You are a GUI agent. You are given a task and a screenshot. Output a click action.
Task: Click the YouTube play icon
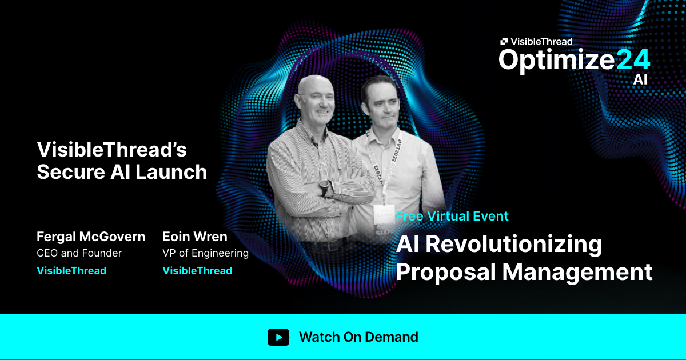tap(278, 337)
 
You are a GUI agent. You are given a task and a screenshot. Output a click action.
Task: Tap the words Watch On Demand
tap(358, 337)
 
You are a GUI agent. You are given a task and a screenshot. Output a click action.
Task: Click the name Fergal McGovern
tap(91, 237)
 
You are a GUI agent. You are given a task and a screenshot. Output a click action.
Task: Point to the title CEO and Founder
tap(79, 253)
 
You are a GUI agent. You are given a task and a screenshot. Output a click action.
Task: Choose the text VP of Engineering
tap(206, 253)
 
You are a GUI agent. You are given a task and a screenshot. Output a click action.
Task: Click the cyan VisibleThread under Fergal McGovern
tap(71, 271)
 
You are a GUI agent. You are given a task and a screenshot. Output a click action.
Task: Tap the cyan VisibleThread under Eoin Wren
tap(197, 271)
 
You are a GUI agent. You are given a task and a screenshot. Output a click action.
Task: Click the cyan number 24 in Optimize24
tap(633, 60)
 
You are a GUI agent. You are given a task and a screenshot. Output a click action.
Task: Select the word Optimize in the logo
tap(556, 60)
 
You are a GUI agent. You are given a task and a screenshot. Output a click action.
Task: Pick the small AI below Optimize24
tap(640, 80)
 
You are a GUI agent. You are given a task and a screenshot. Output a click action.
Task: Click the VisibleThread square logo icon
tap(504, 41)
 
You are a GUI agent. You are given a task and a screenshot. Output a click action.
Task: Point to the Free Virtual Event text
tap(452, 216)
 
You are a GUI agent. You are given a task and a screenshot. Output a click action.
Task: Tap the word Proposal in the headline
tap(445, 272)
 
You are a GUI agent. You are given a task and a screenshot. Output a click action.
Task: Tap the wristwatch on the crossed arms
tap(325, 187)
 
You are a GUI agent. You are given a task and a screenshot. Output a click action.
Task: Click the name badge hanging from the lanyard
tap(382, 216)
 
